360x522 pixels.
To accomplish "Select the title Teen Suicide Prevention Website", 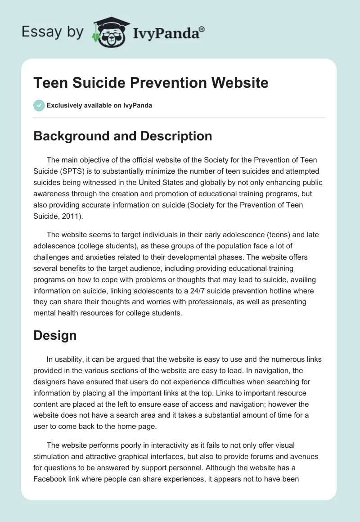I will coord(151,83).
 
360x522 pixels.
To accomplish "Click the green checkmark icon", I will coord(39,105).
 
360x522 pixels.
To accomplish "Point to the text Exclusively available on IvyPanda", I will coord(99,106).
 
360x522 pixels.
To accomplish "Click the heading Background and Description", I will coord(122,136).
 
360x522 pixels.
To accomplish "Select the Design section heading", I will coord(55,335).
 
